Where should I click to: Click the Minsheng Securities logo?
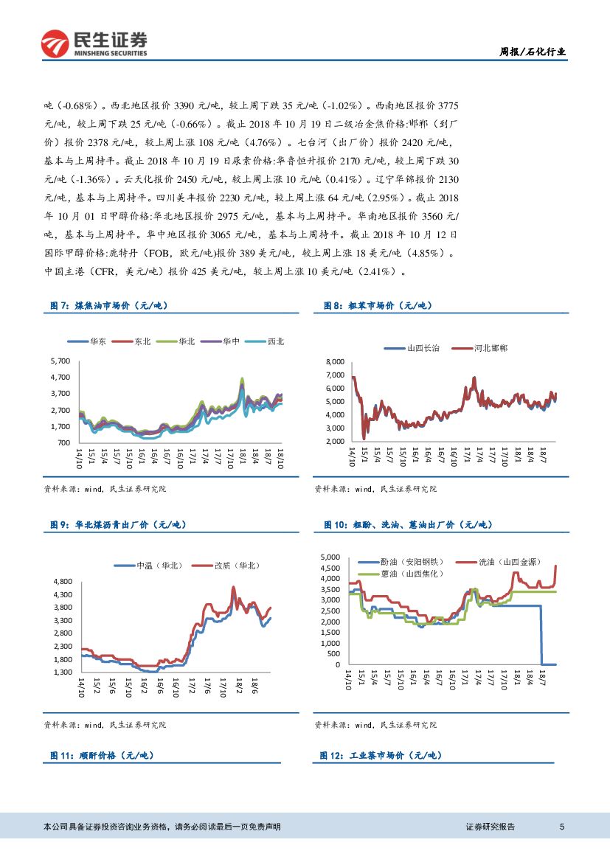point(94,44)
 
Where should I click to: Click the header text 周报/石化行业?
point(533,52)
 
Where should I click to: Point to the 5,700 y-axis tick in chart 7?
point(60,361)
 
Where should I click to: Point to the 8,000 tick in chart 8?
point(334,361)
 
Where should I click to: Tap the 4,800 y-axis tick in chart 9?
point(62,582)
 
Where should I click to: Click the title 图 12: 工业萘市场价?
point(381,755)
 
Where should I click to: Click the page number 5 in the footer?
point(562,827)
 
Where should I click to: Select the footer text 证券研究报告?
point(491,827)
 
